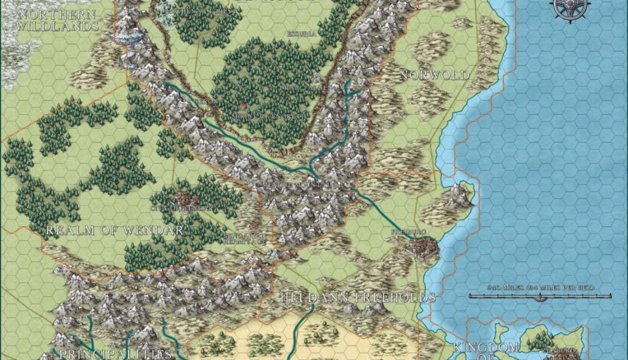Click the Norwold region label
pyautogui.click(x=434, y=75)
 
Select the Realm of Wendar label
pyautogui.click(x=115, y=230)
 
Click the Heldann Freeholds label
pyautogui.click(x=358, y=297)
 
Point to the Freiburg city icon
pyautogui.click(x=423, y=249)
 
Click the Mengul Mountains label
pyautogui.click(x=302, y=184)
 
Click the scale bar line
pyautogui.click(x=540, y=296)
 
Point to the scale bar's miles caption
pyautogui.click(x=540, y=287)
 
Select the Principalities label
pyautogui.click(x=115, y=354)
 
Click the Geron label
pyautogui.click(x=194, y=101)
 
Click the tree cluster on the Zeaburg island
pyautogui.click(x=539, y=341)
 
